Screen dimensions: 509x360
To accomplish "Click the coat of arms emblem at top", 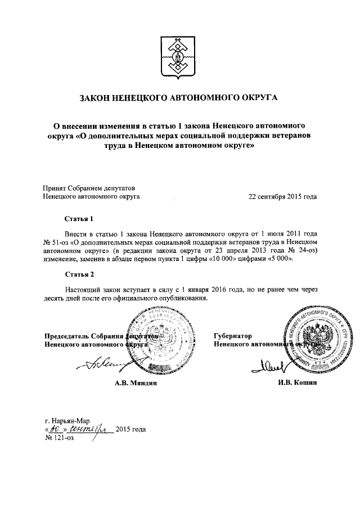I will click(x=179, y=57).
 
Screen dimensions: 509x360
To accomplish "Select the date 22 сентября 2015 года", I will click(x=282, y=197).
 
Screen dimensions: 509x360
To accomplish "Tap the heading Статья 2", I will click(x=78, y=274).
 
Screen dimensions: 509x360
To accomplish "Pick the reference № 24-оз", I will click(x=303, y=250).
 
